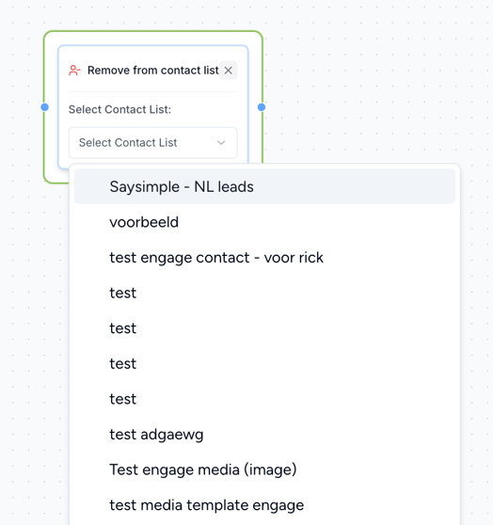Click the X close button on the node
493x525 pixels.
tap(228, 71)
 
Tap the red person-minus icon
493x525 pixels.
tap(74, 71)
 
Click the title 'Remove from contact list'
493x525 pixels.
tap(152, 71)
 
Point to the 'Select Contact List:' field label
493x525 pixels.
tap(119, 109)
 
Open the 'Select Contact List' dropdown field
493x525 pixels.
tap(153, 143)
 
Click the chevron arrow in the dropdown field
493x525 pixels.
tap(221, 143)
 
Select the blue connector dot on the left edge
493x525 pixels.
tap(44, 107)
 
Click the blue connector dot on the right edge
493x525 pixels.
tap(262, 107)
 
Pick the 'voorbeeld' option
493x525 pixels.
tap(144, 222)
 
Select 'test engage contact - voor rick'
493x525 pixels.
tap(216, 258)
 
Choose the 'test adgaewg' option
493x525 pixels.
tap(156, 435)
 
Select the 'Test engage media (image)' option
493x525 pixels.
tap(203, 469)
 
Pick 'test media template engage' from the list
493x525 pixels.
tap(207, 505)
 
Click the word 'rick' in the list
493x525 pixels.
tap(311, 258)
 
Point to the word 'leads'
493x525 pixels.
tap(235, 186)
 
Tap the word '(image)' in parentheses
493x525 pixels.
tap(270, 469)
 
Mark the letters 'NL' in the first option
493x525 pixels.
tap(204, 186)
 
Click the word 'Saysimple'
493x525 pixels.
tap(144, 187)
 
